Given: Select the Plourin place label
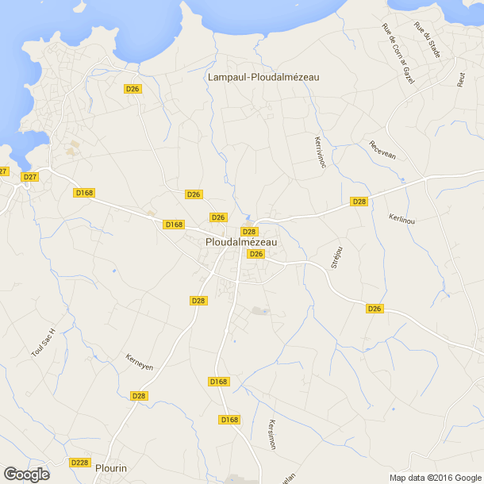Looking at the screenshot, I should [110, 468].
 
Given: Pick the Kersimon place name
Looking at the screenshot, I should [271, 434].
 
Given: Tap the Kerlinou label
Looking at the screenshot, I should [402, 219].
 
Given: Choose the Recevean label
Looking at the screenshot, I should [382, 150].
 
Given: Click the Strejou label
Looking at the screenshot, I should [336, 257].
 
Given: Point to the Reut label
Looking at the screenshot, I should [461, 79].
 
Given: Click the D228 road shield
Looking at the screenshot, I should [79, 463].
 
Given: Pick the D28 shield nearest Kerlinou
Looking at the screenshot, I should [359, 202].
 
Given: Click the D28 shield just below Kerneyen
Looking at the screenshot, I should [139, 396].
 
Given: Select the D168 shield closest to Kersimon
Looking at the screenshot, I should [229, 420].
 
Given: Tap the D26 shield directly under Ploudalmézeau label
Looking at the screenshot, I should [255, 254].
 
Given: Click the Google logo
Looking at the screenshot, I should [26, 474].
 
